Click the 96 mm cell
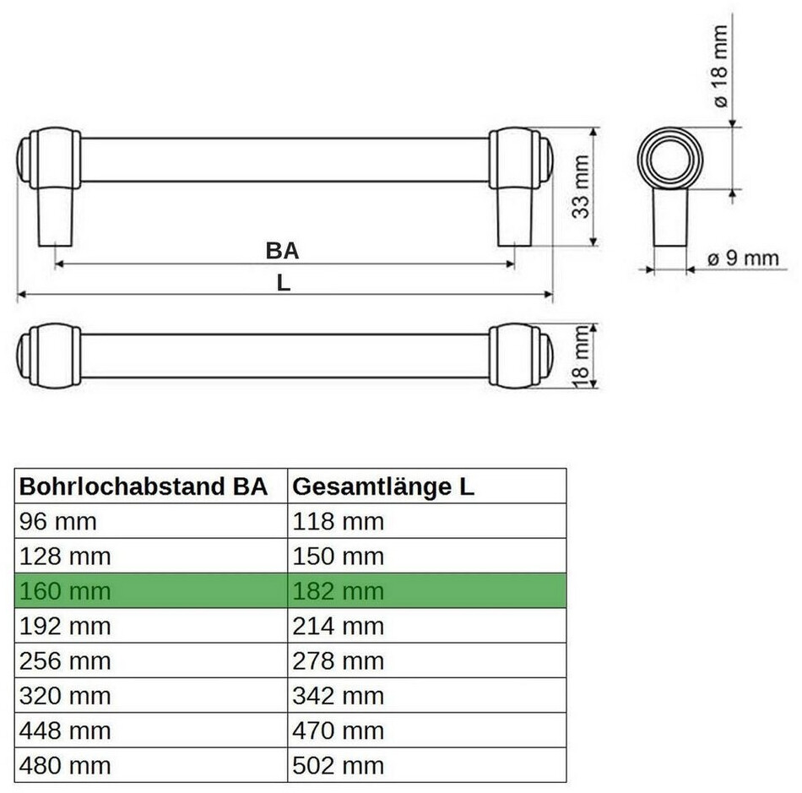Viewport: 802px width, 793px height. (151, 521)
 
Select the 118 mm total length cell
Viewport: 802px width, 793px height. (426, 521)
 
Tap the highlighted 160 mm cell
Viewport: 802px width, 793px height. (151, 591)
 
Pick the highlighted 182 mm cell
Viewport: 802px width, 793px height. (426, 591)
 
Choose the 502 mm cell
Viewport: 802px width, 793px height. (426, 765)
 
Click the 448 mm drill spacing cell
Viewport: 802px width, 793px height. (151, 731)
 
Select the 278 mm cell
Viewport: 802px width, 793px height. (426, 660)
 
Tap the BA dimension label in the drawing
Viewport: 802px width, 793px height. (282, 251)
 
